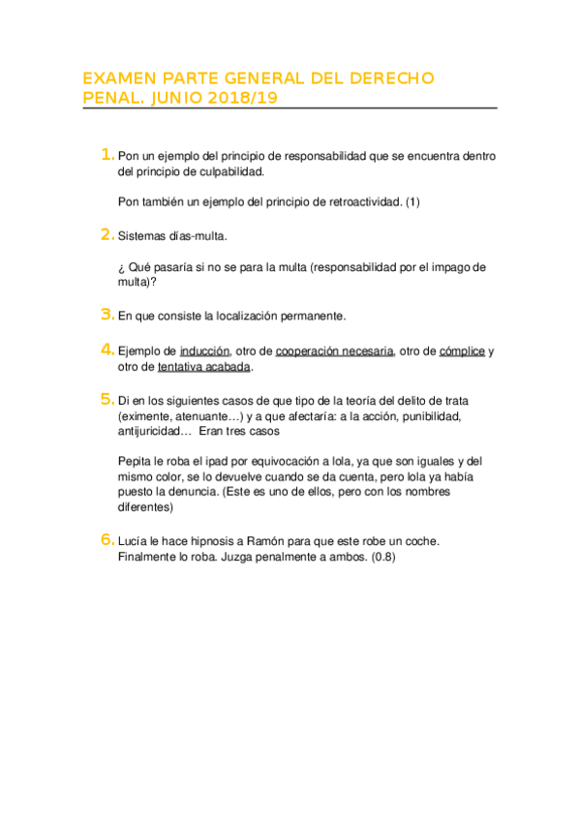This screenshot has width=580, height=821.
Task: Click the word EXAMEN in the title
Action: (x=115, y=78)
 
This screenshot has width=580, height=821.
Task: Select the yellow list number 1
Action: (x=107, y=155)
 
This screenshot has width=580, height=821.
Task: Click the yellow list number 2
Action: (x=107, y=234)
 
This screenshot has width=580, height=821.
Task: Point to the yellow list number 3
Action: (x=107, y=315)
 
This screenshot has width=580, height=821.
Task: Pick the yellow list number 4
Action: (x=107, y=350)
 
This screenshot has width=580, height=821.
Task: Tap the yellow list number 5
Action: (x=107, y=399)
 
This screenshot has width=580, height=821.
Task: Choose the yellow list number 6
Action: (x=107, y=540)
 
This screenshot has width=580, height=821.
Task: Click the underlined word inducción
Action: (x=205, y=351)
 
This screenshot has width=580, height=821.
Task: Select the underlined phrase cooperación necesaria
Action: (x=334, y=351)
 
